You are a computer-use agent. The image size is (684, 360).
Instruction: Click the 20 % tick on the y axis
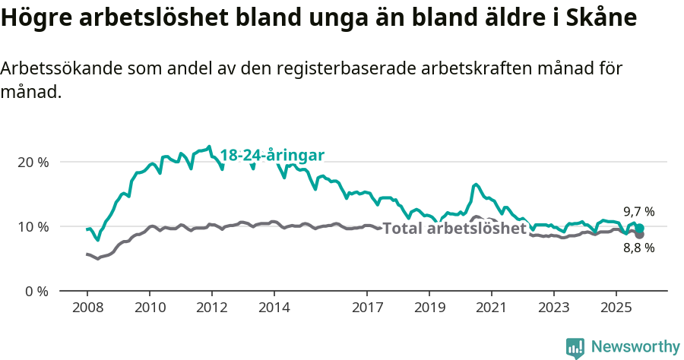coord(32,162)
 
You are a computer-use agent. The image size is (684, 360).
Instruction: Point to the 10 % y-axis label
coord(32,226)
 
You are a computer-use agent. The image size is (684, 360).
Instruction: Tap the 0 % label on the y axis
coord(35,291)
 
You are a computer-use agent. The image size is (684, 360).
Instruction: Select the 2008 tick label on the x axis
coord(87,308)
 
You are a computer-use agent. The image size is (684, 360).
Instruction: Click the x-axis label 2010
coord(149,308)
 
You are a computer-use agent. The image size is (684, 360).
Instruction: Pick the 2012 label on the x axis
coord(211,308)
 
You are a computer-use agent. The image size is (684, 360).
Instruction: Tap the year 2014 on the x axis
coord(274,308)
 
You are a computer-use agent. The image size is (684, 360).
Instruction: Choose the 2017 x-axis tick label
coord(367,308)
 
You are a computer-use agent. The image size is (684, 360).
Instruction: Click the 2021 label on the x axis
coord(491,308)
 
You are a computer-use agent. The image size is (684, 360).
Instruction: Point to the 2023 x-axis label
coord(553,308)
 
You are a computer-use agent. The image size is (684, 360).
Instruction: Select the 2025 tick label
coord(616,308)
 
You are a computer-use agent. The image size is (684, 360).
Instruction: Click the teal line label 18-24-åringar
coord(272,155)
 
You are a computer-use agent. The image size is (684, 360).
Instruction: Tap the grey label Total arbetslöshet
coord(454,229)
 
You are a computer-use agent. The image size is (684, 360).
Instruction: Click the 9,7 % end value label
coord(638,212)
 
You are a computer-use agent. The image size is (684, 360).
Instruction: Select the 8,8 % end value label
coord(638,248)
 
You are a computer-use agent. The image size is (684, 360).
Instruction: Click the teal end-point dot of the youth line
coord(640,228)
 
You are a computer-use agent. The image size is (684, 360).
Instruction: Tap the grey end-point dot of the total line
coord(640,235)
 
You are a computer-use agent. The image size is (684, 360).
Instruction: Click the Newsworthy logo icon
coord(575,348)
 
